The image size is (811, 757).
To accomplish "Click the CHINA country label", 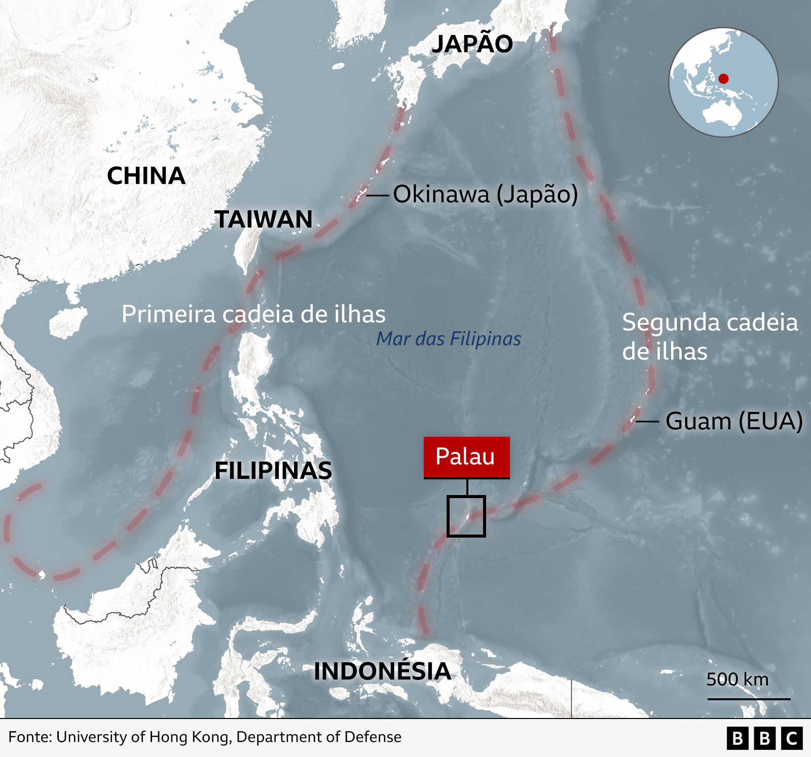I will click(x=146, y=176).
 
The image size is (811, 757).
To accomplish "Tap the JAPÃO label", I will click(x=472, y=44).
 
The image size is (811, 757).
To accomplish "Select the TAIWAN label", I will click(x=264, y=219).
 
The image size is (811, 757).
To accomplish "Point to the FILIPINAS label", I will click(x=273, y=471).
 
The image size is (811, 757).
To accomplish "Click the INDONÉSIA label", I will click(x=382, y=671).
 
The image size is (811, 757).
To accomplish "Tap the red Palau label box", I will click(x=466, y=457).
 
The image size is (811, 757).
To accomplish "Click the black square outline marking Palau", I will click(x=466, y=516).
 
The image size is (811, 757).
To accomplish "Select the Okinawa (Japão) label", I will click(x=485, y=194).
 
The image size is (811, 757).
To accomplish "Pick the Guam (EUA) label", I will click(x=734, y=421).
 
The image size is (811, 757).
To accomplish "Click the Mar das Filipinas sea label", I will click(x=449, y=338).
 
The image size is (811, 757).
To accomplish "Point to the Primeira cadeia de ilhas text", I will click(x=253, y=314).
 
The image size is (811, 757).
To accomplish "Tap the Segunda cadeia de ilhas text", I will click(x=710, y=336).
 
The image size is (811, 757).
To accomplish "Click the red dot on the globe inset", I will click(x=723, y=79).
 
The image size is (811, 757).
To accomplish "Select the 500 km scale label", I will click(x=738, y=679).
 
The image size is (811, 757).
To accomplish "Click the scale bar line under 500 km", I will click(x=749, y=699).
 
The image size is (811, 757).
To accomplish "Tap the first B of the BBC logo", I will click(x=738, y=738).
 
